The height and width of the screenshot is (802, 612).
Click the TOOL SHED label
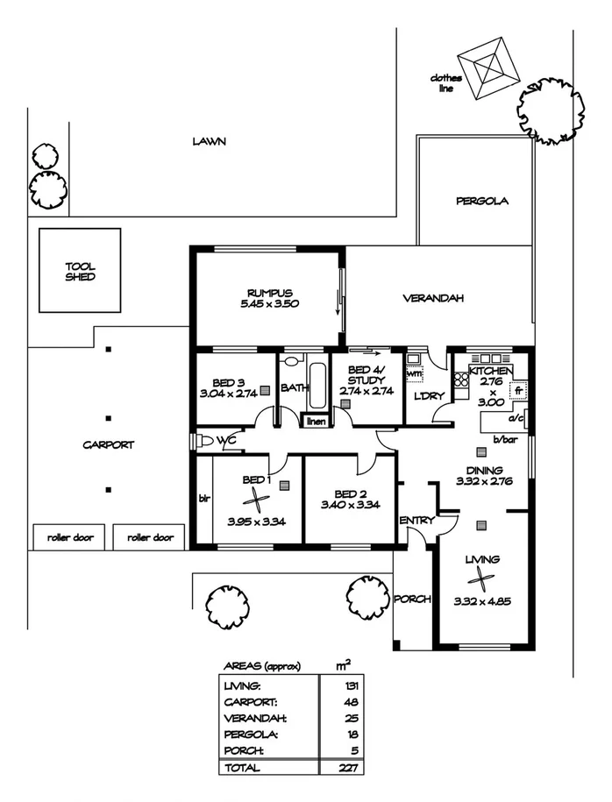[x=79, y=271]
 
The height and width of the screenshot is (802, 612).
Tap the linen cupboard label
[x=316, y=422]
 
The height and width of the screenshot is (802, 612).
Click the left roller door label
[x=69, y=537]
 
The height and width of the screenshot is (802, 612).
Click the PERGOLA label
[x=481, y=201]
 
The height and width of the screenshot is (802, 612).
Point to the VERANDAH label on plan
[x=432, y=298]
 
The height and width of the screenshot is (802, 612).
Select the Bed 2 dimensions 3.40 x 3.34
[x=349, y=504]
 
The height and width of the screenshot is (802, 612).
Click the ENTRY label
[x=416, y=521]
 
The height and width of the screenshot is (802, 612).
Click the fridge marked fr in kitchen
[x=518, y=390]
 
